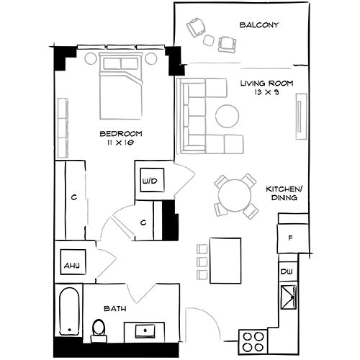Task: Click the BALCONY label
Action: click(x=259, y=25)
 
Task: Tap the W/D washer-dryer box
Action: click(x=152, y=180)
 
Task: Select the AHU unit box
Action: click(x=73, y=262)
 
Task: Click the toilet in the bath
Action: click(x=99, y=330)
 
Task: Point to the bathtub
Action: click(x=69, y=312)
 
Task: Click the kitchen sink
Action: click(x=289, y=297)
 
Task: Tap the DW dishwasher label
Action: click(x=287, y=271)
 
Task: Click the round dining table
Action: click(x=235, y=195)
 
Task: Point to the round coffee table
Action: click(x=227, y=116)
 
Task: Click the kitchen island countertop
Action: click(x=225, y=261)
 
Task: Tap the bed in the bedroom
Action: click(x=121, y=86)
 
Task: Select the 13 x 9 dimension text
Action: click(x=266, y=92)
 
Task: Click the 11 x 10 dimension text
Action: click(x=120, y=143)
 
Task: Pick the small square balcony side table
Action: click(x=209, y=40)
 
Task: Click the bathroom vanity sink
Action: click(x=145, y=331)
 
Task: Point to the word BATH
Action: click(x=115, y=309)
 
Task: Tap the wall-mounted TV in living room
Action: click(x=301, y=116)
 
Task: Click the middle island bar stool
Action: click(x=202, y=262)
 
